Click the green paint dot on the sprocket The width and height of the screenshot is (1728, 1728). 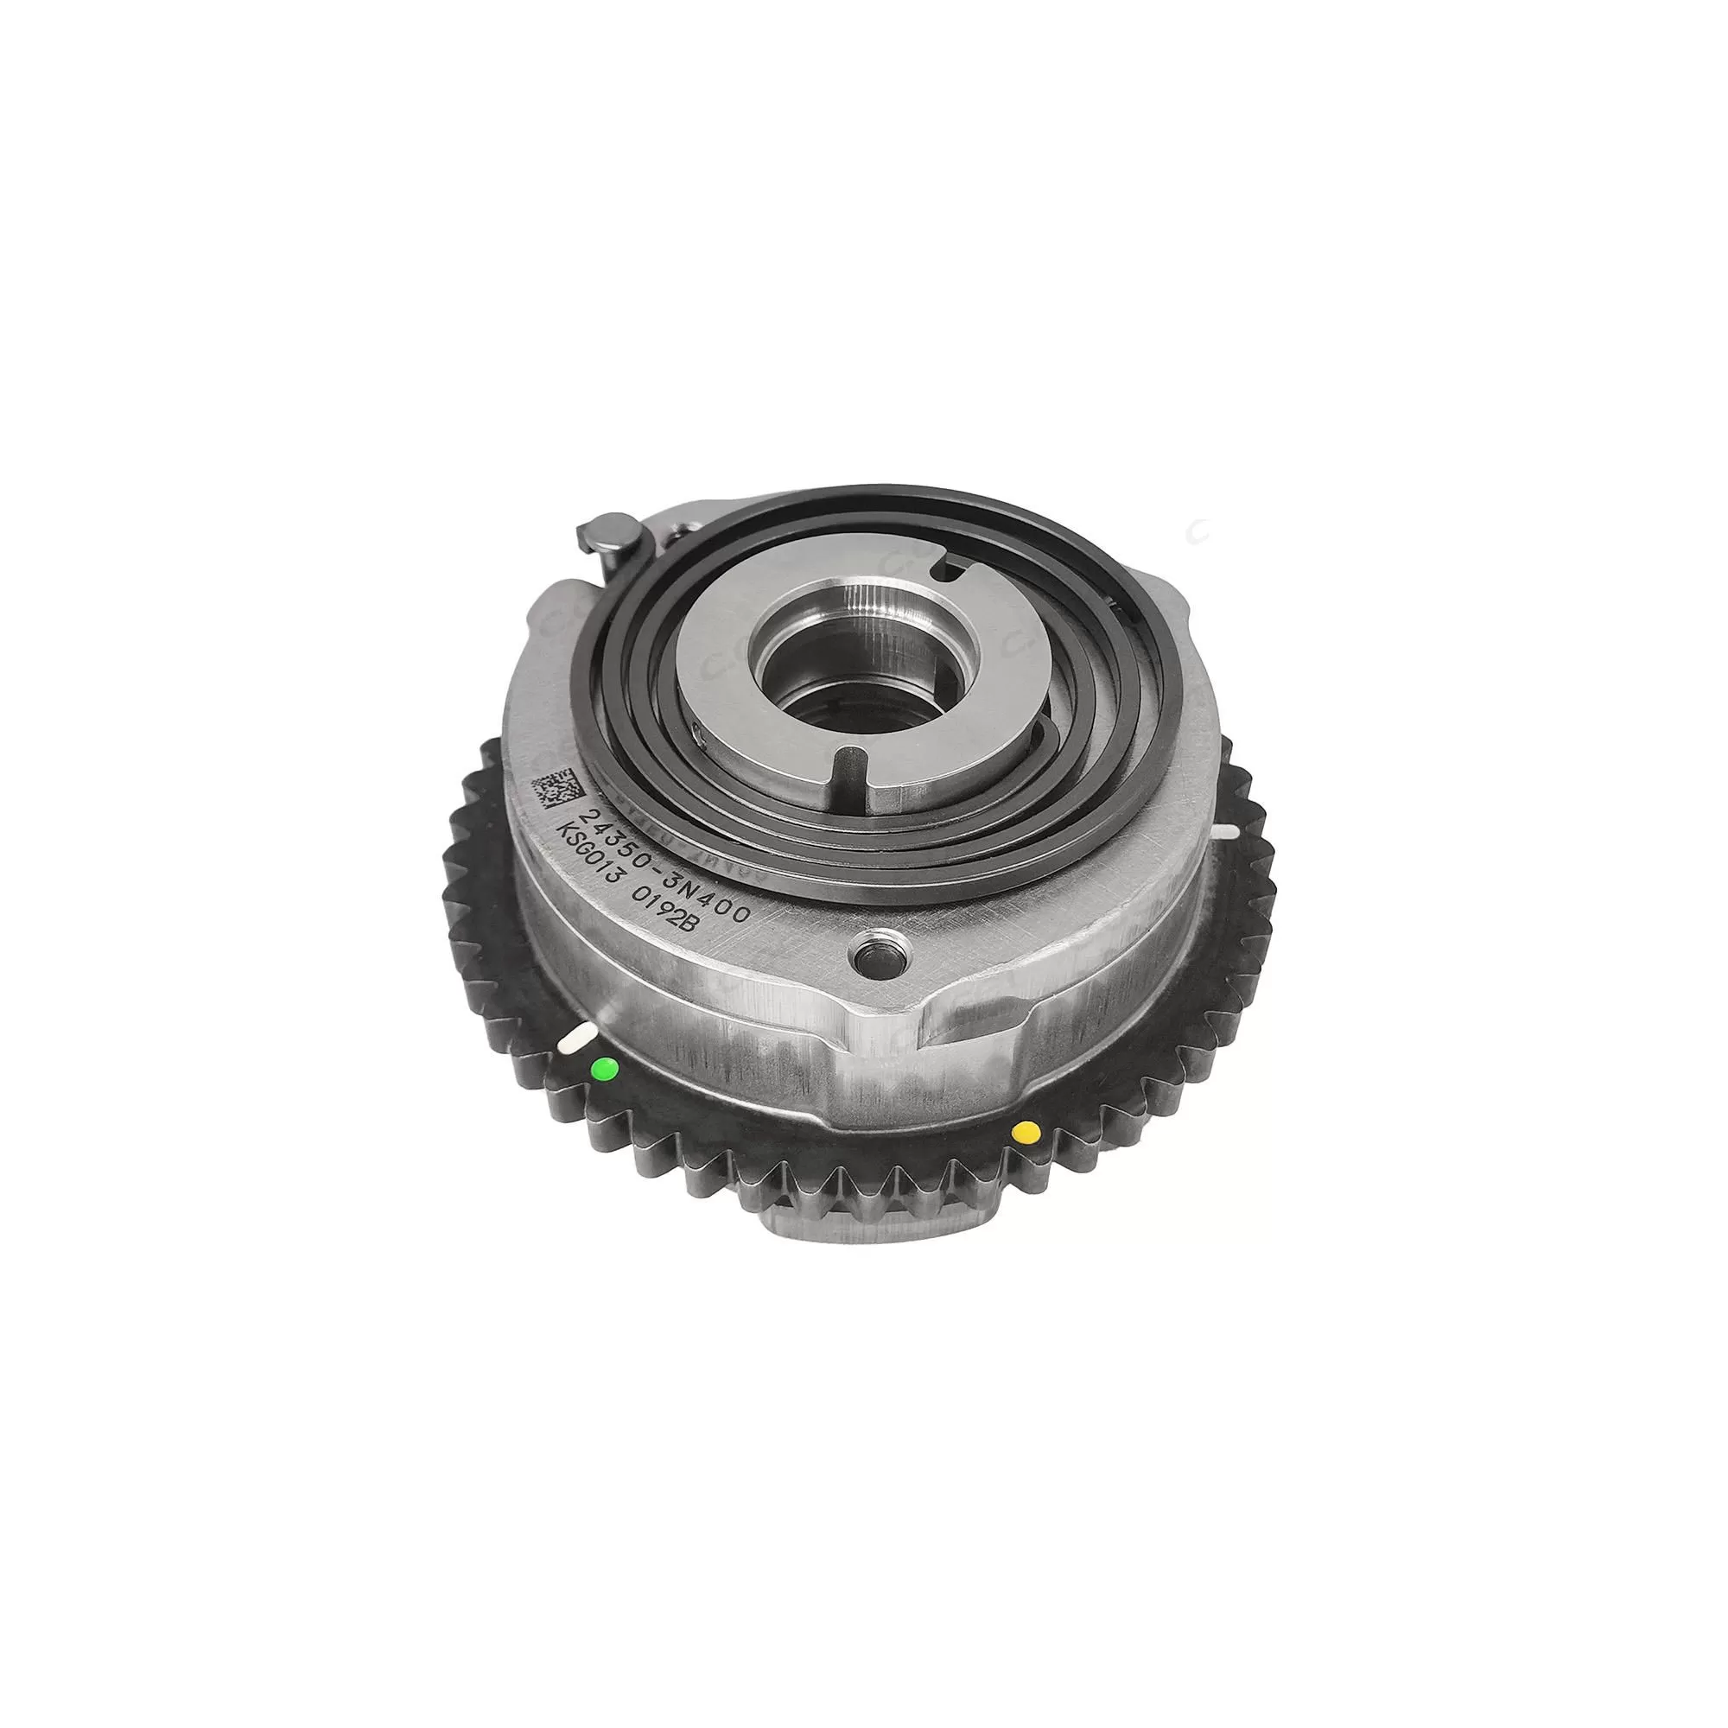coord(606,1067)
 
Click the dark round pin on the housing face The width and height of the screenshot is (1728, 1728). coord(873,950)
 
